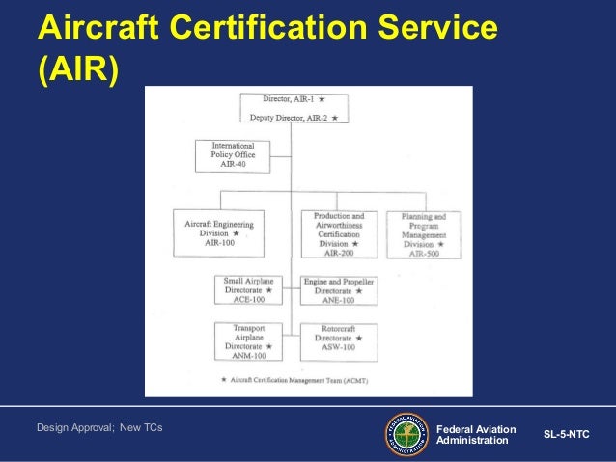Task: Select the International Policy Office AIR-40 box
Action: tap(232, 155)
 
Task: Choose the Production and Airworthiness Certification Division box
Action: tap(338, 233)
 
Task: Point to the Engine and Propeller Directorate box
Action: tap(338, 289)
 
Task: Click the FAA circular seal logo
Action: tap(407, 434)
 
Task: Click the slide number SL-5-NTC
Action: tap(566, 435)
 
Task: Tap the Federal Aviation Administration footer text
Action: tap(476, 434)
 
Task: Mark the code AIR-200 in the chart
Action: tap(338, 254)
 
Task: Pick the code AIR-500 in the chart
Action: tap(423, 253)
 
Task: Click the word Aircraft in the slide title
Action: tap(98, 30)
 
